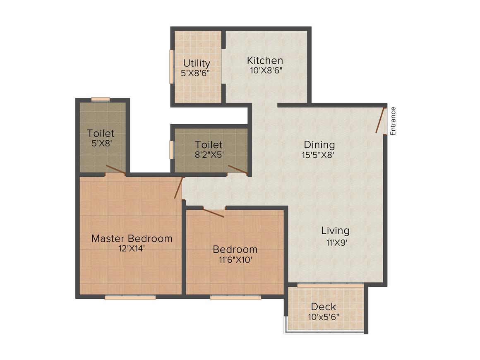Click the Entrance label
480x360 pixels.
point(393,121)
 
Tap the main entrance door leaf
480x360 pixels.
point(380,120)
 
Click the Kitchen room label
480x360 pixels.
point(265,60)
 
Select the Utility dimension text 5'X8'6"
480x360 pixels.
point(195,73)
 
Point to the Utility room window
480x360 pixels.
point(171,66)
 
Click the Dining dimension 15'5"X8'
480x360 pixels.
point(318,155)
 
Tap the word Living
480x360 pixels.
point(335,230)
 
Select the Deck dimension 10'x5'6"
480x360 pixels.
point(323,317)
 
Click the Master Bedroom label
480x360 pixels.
point(132,238)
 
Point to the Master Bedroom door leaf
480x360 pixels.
point(179,187)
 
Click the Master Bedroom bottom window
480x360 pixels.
point(130,297)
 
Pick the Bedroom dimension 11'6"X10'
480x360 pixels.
point(235,260)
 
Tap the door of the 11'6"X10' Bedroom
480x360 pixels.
point(214,212)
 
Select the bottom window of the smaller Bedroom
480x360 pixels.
point(235,297)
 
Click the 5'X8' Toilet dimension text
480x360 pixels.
point(101,143)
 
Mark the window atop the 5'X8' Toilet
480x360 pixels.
point(101,99)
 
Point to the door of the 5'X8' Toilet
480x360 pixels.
point(116,170)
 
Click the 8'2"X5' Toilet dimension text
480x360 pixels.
point(209,155)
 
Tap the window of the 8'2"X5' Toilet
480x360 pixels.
point(171,150)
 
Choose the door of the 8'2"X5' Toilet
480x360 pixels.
point(238,170)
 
